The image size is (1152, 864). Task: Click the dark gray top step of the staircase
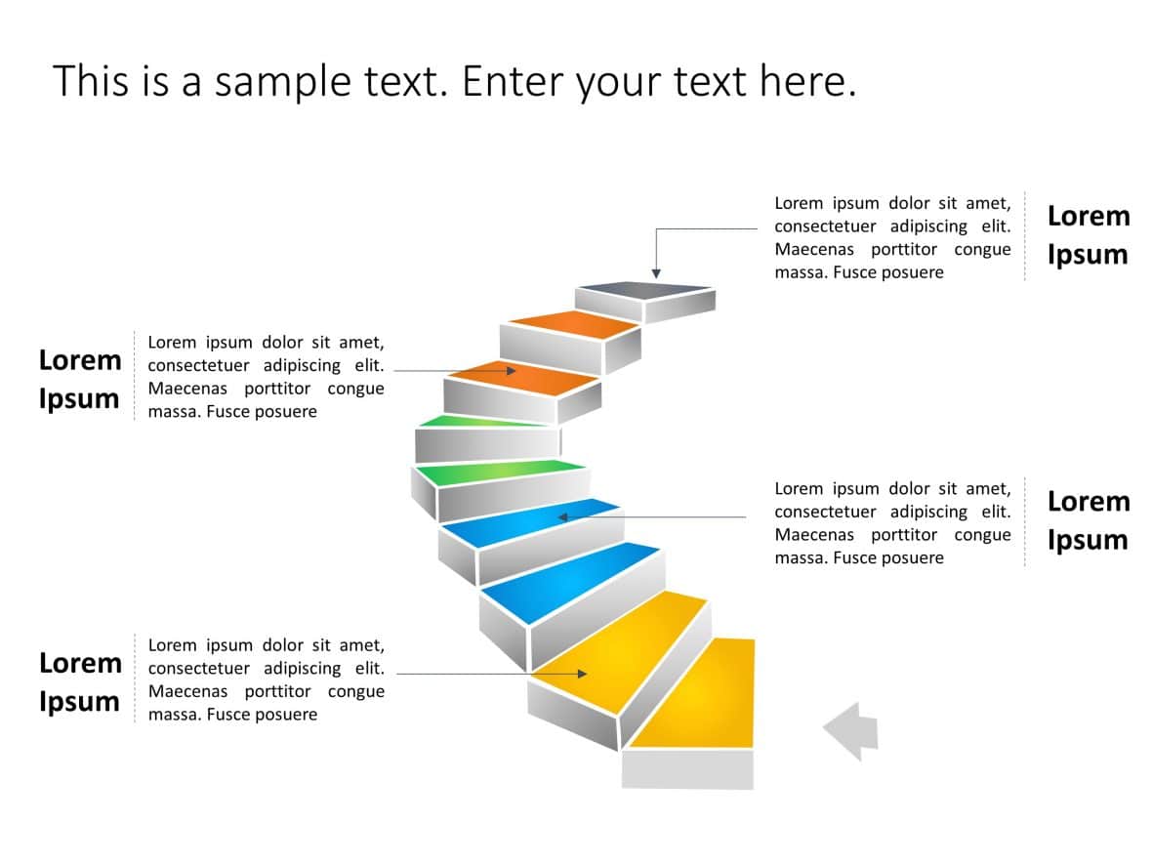click(644, 290)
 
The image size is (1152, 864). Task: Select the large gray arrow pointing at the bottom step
click(851, 730)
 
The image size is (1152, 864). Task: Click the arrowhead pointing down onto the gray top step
click(656, 272)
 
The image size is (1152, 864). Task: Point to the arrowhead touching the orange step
click(511, 371)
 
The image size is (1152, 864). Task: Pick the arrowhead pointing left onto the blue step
click(563, 516)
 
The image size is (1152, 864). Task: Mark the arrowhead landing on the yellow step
click(582, 674)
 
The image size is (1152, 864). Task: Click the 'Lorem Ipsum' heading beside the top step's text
click(1088, 235)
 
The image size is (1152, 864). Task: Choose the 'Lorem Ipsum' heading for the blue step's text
click(1088, 520)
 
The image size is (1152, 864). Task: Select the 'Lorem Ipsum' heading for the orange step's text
click(80, 379)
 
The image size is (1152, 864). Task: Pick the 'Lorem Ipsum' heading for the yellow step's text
click(80, 681)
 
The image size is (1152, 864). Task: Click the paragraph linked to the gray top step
click(892, 237)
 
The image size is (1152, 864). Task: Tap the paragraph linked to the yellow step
click(266, 679)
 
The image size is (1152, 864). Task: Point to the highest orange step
click(571, 324)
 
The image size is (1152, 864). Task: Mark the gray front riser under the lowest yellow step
click(687, 769)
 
